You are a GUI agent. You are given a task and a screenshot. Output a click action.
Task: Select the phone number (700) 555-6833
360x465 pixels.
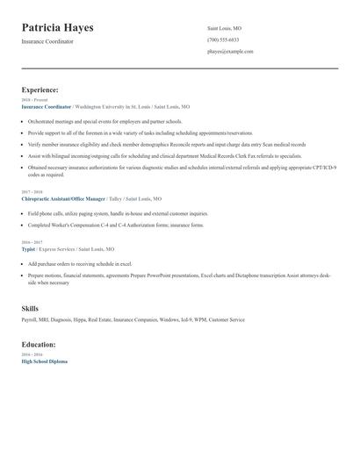click(223, 39)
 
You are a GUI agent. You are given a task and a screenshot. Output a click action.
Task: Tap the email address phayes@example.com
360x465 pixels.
click(230, 52)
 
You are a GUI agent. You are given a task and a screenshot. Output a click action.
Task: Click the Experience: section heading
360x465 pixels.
click(40, 89)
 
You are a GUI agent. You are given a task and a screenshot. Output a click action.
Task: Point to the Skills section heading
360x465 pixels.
click(31, 309)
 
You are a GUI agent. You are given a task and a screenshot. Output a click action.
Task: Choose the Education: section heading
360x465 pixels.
click(40, 344)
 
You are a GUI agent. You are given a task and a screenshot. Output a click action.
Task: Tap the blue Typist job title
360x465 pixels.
click(28, 248)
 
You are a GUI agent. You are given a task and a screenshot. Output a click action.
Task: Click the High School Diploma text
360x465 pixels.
click(44, 361)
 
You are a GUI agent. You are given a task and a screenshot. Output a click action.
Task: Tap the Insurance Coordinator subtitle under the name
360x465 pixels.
click(47, 41)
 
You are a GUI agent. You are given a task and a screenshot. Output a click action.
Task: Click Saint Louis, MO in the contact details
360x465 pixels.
click(224, 28)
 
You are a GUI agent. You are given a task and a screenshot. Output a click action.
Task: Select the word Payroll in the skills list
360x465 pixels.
click(29, 321)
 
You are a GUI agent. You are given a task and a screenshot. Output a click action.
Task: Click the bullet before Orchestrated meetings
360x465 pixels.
click(23, 121)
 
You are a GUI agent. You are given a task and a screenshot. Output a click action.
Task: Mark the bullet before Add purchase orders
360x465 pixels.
click(23, 263)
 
